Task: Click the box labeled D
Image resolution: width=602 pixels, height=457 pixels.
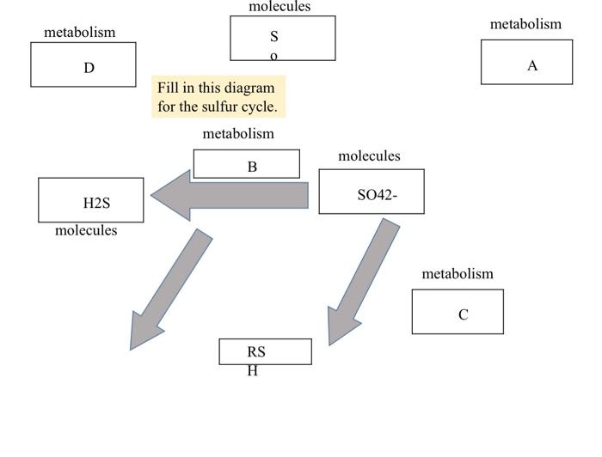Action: coord(83,65)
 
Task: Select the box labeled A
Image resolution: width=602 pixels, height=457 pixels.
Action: coord(526,63)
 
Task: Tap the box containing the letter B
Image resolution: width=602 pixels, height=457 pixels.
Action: coord(247,164)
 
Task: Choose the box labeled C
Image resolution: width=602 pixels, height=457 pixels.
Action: coord(458,312)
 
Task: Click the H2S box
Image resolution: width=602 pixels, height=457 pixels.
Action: coord(91,200)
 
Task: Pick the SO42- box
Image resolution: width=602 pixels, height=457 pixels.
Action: coord(372,192)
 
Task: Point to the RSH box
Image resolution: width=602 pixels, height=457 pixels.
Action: coord(265,351)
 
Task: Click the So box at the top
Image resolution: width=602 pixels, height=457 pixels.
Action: coord(282,39)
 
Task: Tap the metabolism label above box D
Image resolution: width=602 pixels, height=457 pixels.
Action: coord(79,33)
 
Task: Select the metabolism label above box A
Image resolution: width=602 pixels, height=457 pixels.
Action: coord(525,24)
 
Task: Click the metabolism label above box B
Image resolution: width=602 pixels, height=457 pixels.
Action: coord(238,134)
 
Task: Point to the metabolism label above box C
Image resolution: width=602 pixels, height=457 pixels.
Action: coord(458,274)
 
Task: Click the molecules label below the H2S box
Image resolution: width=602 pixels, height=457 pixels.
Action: coord(86,231)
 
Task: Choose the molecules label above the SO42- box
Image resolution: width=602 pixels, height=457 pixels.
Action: coord(369,156)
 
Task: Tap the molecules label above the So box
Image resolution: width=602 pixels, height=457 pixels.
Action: coord(279,7)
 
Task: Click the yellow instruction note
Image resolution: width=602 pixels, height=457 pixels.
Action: coord(218,97)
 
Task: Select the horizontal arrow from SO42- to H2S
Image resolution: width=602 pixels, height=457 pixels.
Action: coord(230,196)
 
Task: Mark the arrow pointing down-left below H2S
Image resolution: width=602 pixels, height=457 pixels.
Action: coord(169,288)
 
